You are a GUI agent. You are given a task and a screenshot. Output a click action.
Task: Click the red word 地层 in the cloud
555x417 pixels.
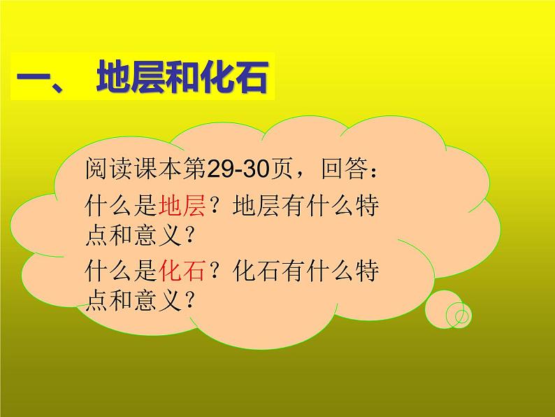(181, 207)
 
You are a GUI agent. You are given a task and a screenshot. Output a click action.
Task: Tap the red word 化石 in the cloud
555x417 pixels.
(181, 269)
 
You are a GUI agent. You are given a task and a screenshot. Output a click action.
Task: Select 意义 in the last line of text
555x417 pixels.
(165, 300)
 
